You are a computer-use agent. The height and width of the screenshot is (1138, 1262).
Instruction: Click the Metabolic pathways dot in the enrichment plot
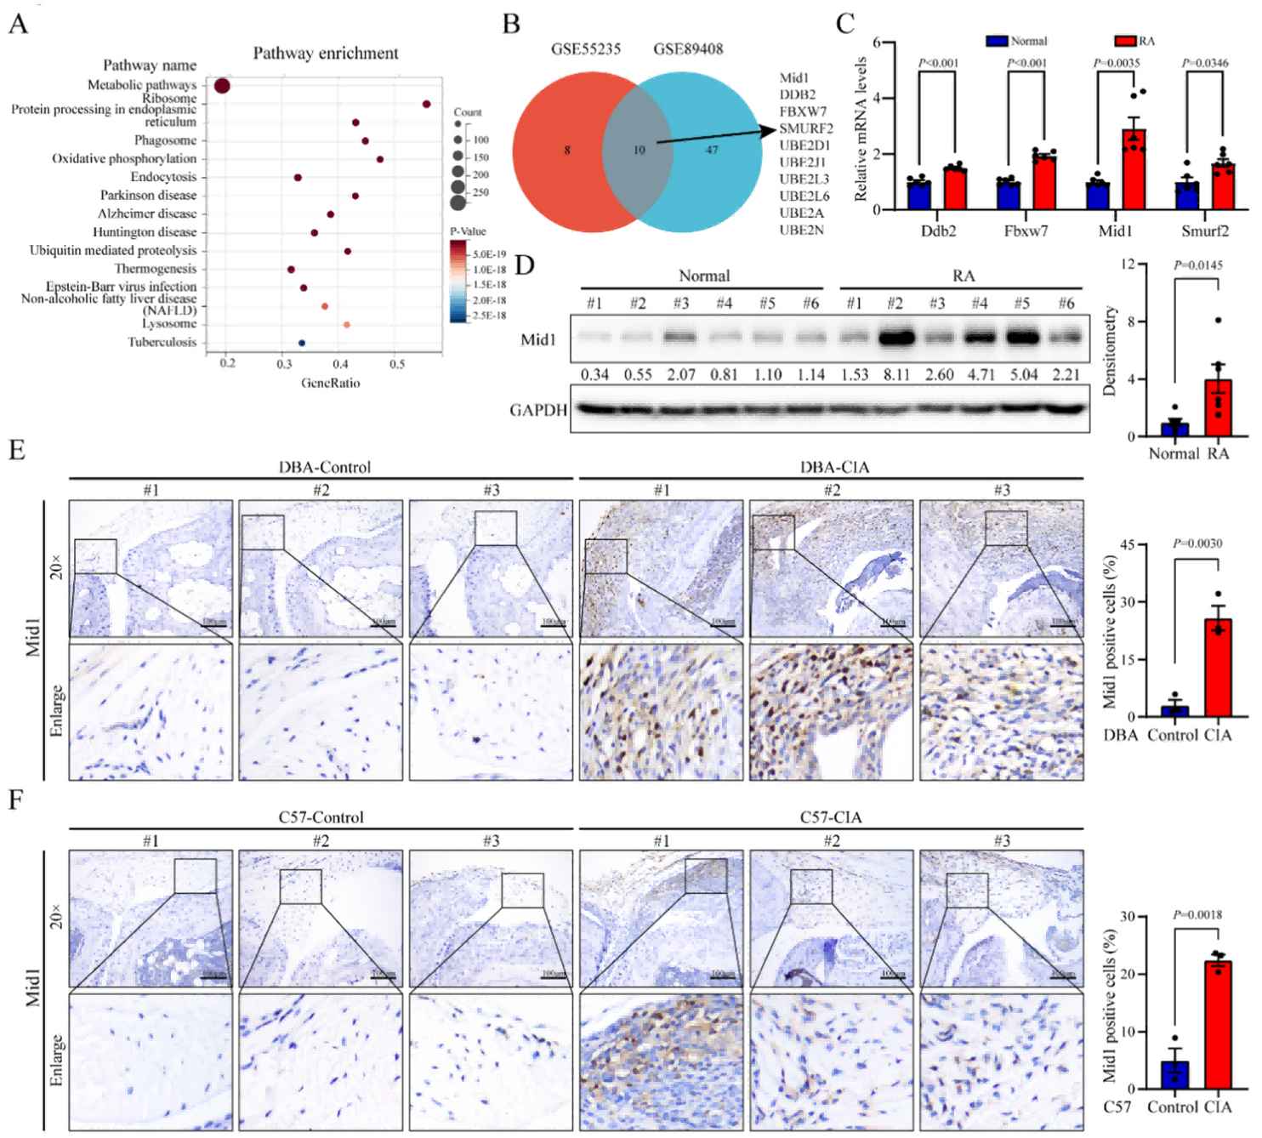click(222, 87)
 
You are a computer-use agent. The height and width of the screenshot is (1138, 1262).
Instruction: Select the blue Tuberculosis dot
click(302, 343)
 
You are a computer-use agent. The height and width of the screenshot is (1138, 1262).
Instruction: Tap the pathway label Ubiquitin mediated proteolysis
click(113, 251)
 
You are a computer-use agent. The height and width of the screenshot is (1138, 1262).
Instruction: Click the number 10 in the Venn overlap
click(639, 151)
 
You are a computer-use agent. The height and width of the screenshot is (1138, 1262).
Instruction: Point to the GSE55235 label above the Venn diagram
click(586, 49)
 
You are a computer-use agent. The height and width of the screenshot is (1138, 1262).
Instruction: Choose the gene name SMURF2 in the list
click(806, 128)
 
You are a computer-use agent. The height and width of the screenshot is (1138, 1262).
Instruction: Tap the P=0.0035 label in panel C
click(1117, 63)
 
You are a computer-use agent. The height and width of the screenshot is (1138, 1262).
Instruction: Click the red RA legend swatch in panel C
click(1125, 41)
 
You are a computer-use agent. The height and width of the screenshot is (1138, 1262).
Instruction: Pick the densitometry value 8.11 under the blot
click(896, 375)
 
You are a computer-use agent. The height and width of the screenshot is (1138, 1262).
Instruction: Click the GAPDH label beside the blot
click(538, 411)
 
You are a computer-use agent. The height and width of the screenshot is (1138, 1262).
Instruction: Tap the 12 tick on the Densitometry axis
click(1128, 265)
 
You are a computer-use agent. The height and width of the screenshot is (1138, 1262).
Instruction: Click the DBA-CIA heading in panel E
click(834, 467)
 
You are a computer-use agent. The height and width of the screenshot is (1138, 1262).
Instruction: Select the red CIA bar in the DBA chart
click(1218, 669)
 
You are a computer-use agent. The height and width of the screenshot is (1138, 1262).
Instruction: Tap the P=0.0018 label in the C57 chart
click(1197, 914)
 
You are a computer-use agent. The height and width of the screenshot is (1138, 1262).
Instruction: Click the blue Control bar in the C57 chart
click(1174, 1074)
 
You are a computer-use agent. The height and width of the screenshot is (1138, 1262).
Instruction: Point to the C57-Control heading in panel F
click(321, 817)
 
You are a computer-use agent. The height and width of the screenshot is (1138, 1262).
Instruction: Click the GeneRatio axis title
click(330, 384)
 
